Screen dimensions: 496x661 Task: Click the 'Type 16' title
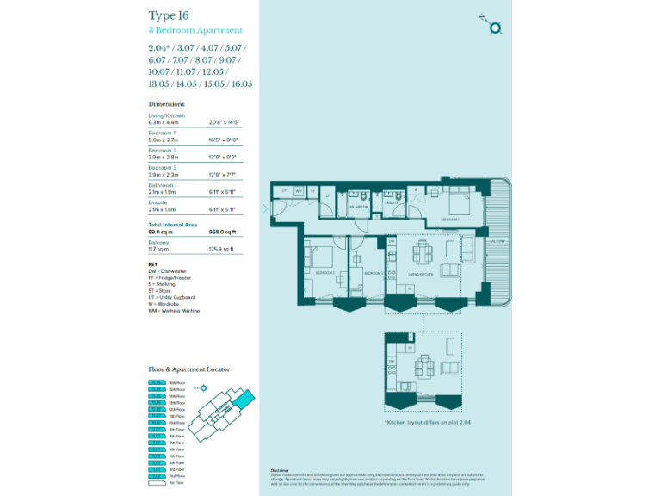[x=169, y=15]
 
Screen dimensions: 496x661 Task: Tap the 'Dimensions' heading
[x=167, y=104]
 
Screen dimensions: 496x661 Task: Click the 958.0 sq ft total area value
[x=221, y=232]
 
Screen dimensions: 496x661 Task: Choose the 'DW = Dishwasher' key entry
[x=170, y=270]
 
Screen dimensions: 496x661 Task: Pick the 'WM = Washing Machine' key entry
[x=174, y=311]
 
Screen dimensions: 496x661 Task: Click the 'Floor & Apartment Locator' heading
[x=189, y=369]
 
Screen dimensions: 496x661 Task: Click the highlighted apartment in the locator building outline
[x=248, y=399]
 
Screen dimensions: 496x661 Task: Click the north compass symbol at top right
[x=494, y=28]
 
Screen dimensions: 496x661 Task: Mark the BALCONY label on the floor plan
[x=497, y=242]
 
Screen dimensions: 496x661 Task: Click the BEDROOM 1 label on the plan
[x=450, y=220]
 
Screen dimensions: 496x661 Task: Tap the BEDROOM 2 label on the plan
[x=324, y=272]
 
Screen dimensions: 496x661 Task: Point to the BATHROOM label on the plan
[x=359, y=208]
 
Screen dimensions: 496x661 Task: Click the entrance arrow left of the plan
[x=265, y=208]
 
